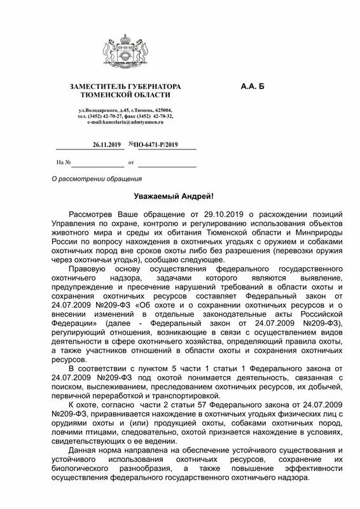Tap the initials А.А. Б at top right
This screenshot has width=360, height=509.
[x=252, y=85]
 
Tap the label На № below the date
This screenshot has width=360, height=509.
[x=63, y=163]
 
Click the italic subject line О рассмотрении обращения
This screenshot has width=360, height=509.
[x=96, y=179]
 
